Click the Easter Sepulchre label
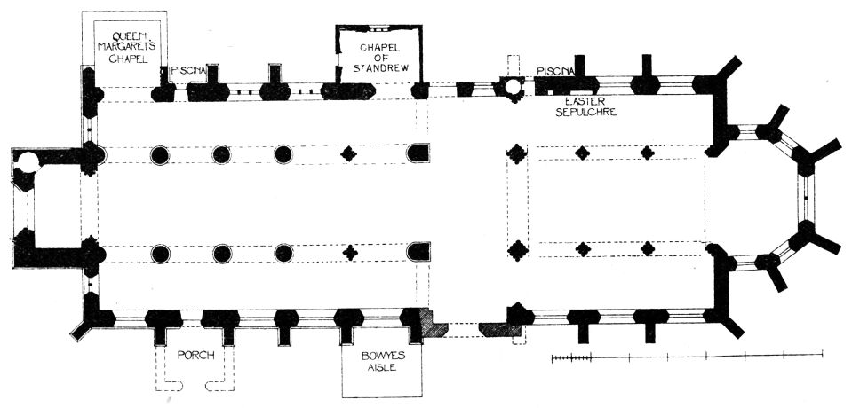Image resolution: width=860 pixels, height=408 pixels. pyautogui.click(x=581, y=106)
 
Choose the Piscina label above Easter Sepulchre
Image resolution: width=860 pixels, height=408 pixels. pyautogui.click(x=557, y=70)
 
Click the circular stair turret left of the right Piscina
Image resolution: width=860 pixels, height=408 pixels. pyautogui.click(x=511, y=87)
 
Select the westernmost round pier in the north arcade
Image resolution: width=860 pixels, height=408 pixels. pyautogui.click(x=160, y=154)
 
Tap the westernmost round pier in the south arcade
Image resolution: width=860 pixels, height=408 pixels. pyautogui.click(x=160, y=254)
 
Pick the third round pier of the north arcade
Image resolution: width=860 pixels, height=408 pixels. pyautogui.click(x=283, y=154)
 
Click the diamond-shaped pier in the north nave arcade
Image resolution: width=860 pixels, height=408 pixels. pyautogui.click(x=349, y=154)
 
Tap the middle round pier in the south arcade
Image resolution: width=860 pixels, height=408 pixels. pyautogui.click(x=221, y=254)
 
